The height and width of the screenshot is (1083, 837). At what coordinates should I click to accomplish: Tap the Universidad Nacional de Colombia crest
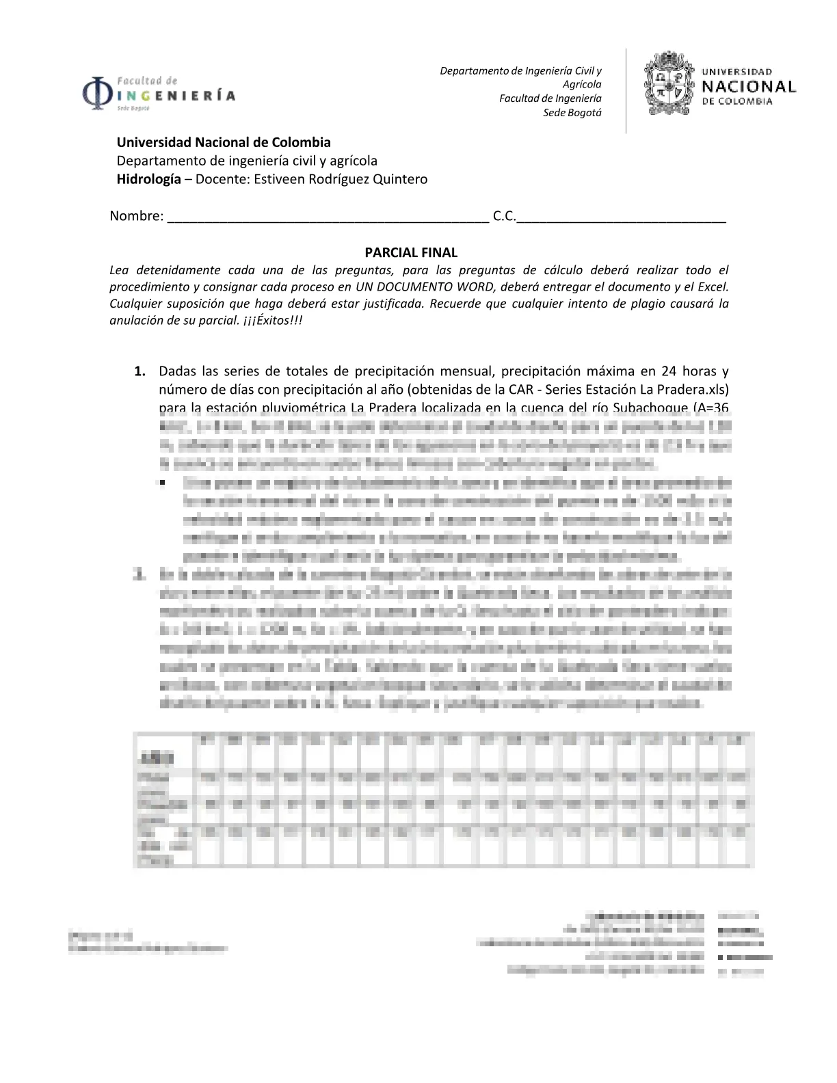[x=669, y=85]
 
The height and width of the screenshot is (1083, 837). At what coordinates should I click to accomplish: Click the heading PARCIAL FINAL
[x=411, y=252]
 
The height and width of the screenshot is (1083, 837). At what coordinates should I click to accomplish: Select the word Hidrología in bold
[x=148, y=179]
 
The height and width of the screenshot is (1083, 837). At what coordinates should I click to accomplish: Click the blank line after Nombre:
[x=328, y=217]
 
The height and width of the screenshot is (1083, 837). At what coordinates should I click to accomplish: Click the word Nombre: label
[x=136, y=216]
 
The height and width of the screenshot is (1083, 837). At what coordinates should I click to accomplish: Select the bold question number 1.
[x=139, y=371]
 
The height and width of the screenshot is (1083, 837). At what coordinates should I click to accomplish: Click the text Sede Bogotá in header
[x=572, y=113]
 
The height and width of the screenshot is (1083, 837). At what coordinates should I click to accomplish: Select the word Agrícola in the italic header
[x=581, y=84]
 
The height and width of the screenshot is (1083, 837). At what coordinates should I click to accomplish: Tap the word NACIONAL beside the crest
[x=749, y=87]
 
